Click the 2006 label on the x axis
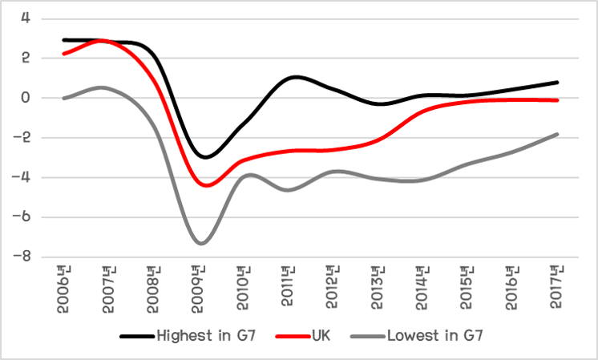pos(63,285)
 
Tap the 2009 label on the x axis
pos(200,285)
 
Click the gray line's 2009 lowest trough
pos(201,243)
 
